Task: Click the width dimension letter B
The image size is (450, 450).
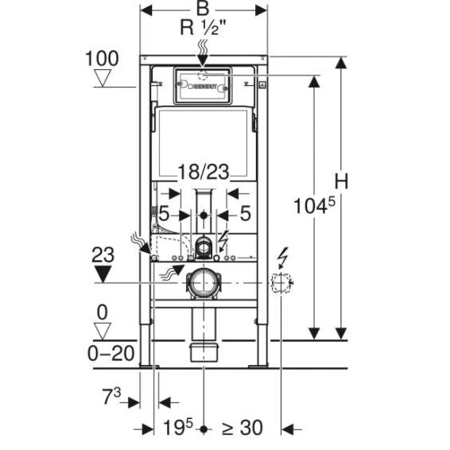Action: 203,10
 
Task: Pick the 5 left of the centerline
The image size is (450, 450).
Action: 162,214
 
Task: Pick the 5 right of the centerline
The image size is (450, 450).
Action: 245,214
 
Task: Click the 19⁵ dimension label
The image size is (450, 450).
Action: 178,429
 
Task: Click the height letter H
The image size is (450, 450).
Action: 341,182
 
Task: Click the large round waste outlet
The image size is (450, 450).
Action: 203,282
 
